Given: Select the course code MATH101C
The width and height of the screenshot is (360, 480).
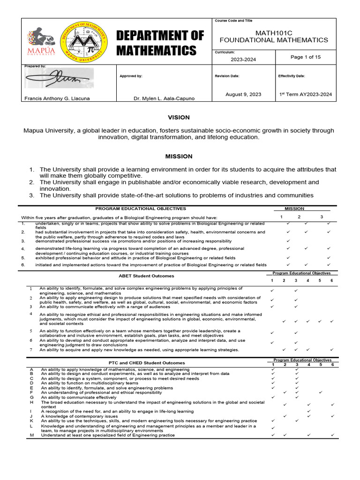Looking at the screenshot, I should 275,32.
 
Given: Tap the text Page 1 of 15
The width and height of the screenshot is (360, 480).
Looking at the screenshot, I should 305,57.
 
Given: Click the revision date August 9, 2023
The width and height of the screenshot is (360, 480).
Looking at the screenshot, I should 243,94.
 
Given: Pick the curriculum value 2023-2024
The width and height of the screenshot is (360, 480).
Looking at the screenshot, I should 243,60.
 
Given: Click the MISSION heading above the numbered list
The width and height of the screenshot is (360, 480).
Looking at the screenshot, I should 179,156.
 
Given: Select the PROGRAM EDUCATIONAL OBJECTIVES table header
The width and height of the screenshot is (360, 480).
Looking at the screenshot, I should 141,209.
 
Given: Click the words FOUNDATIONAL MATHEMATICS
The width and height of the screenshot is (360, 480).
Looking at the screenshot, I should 275,40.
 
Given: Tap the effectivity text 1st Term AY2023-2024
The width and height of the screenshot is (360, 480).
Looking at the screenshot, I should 305,94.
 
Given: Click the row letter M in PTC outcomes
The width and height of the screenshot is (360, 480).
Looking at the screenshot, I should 31,435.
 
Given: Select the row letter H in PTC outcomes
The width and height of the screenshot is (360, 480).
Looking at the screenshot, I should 31,402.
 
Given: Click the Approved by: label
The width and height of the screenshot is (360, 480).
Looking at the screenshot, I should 131,75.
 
